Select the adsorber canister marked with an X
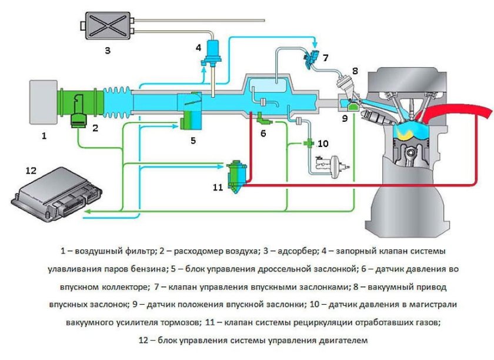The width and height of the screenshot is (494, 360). click(x=105, y=26)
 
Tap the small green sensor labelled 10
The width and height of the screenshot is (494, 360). click(x=308, y=143)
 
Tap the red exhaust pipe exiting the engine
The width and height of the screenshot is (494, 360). click(x=465, y=109)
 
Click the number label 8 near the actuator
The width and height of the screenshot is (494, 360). click(x=355, y=71)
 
